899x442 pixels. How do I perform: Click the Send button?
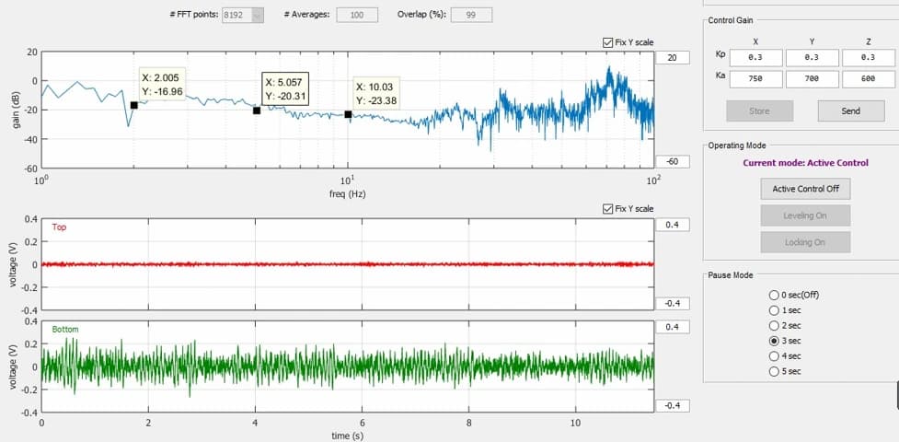coord(851,110)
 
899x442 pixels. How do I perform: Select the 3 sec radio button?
coord(774,341)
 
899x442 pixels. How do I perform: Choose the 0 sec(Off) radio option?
coord(774,295)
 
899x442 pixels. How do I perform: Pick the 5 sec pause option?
coord(774,371)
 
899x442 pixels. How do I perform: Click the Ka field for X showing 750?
coord(755,79)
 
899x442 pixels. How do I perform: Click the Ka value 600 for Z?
coord(868,79)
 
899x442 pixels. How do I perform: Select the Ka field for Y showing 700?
coord(812,79)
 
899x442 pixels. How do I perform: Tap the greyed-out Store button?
coord(760,110)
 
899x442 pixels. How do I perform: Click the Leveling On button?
coord(805,215)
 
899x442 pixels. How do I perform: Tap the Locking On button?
coord(805,242)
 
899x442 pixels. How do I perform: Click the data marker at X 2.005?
coord(134,105)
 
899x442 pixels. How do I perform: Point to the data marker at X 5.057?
coord(257,110)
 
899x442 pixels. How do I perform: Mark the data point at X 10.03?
coord(348,114)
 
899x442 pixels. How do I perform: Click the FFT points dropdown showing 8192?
coord(243,15)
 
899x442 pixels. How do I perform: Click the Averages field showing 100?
coord(357,15)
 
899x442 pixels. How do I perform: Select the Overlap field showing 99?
coord(471,15)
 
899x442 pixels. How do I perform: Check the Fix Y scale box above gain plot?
coord(607,42)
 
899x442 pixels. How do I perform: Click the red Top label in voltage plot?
coord(59,227)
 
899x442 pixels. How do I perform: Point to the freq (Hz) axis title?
coord(348,194)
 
